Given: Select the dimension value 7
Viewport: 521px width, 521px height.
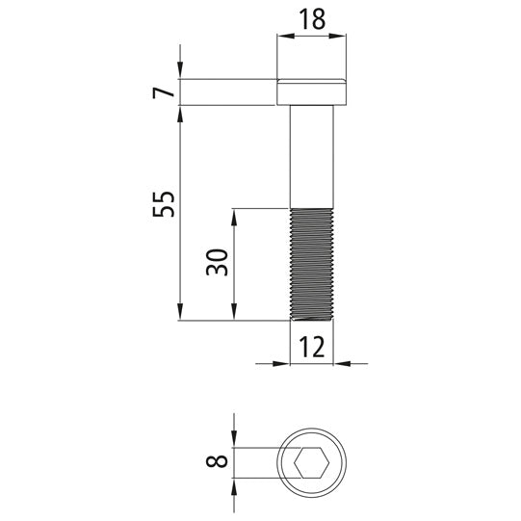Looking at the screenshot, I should click(164, 92).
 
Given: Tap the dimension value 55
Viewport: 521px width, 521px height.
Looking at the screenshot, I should click(164, 203).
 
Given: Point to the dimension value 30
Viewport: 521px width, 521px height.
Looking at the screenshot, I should click(218, 263).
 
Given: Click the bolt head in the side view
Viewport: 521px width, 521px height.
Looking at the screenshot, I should click(312, 92).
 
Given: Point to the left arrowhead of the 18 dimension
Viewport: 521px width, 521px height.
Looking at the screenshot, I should click(283, 37).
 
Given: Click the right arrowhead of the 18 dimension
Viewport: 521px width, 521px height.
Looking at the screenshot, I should click(340, 37).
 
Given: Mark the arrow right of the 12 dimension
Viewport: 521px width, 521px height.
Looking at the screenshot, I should click(340, 363).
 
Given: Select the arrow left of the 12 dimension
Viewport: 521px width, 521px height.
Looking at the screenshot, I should click(284, 363).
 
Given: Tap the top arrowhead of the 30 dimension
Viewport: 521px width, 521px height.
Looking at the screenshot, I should click(234, 215).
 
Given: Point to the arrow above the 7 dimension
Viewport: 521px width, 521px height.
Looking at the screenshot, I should click(181, 72).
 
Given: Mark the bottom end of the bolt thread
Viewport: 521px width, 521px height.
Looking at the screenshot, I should click(312, 319).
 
